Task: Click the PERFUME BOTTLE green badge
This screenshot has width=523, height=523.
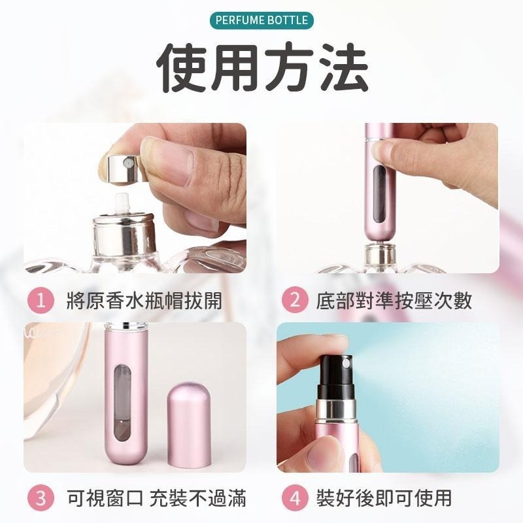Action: (261, 20)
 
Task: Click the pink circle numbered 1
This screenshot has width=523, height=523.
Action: (41, 301)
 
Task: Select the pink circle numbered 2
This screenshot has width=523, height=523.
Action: (295, 301)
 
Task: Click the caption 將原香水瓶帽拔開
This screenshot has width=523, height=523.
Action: (144, 301)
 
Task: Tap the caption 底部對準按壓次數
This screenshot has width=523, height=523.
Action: (394, 301)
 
